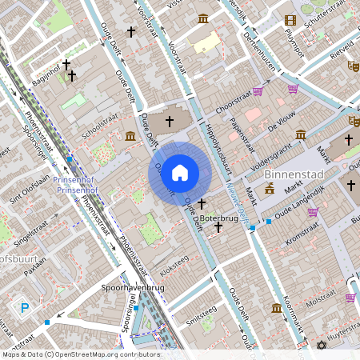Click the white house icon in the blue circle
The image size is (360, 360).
click(180, 173)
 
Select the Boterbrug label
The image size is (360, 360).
click(218, 217)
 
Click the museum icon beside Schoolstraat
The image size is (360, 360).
click(130, 137)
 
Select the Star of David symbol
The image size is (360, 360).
click(322, 346)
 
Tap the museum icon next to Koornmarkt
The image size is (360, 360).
click(277, 309)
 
